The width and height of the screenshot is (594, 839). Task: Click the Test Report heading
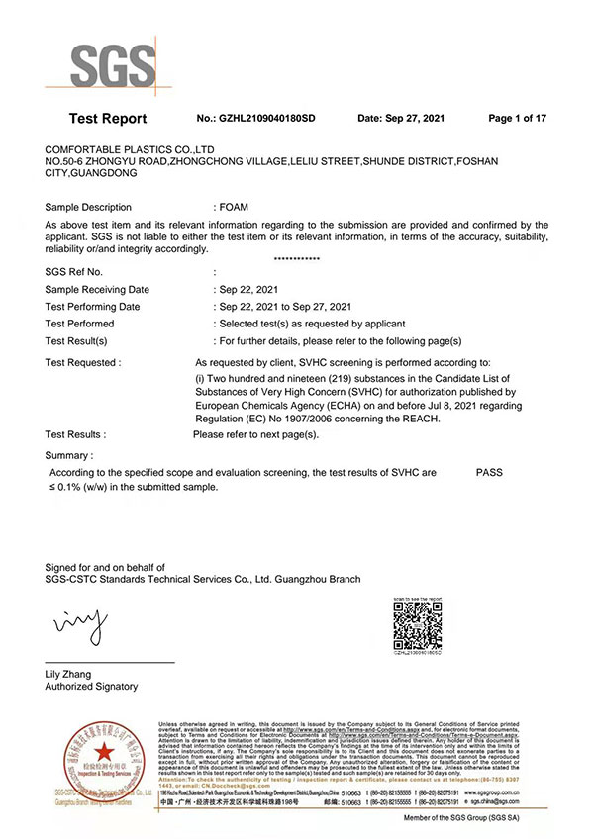pyautogui.click(x=108, y=119)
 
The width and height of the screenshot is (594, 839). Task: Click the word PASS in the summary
pyautogui.click(x=489, y=473)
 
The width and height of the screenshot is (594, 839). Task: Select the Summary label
pyautogui.click(x=69, y=455)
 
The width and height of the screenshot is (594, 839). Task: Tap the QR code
pyautogui.click(x=417, y=624)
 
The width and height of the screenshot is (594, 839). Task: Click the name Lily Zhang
pyautogui.click(x=68, y=674)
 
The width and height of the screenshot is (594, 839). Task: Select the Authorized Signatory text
pyautogui.click(x=92, y=687)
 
